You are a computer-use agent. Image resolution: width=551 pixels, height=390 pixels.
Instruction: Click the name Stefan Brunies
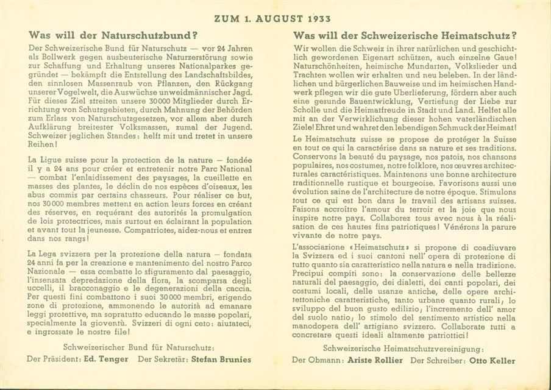click(221, 359)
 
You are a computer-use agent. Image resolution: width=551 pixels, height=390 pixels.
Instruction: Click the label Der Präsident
click(54, 359)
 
